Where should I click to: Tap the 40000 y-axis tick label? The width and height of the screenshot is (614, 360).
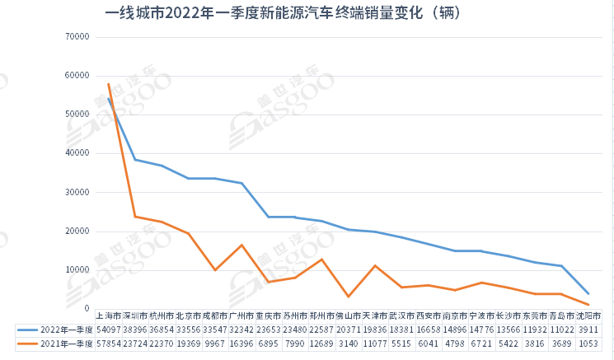[77, 153]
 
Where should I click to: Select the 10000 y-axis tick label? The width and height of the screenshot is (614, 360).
[77, 270]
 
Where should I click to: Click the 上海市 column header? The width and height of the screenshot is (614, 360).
[109, 316]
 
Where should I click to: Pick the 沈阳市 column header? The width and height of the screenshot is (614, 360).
[588, 316]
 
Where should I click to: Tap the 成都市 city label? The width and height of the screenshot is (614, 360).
[215, 316]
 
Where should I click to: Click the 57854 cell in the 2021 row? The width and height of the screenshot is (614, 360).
[109, 344]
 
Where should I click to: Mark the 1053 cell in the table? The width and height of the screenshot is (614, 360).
[588, 344]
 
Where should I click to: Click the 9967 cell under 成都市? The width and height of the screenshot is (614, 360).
[215, 344]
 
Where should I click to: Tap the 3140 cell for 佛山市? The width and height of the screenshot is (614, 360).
[349, 344]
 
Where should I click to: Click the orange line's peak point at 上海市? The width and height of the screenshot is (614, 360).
[109, 84]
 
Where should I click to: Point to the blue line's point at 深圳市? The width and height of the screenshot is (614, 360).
[135, 160]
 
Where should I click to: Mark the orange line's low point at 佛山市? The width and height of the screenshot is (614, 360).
[349, 297]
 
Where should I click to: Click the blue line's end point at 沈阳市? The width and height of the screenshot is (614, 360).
[588, 293]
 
